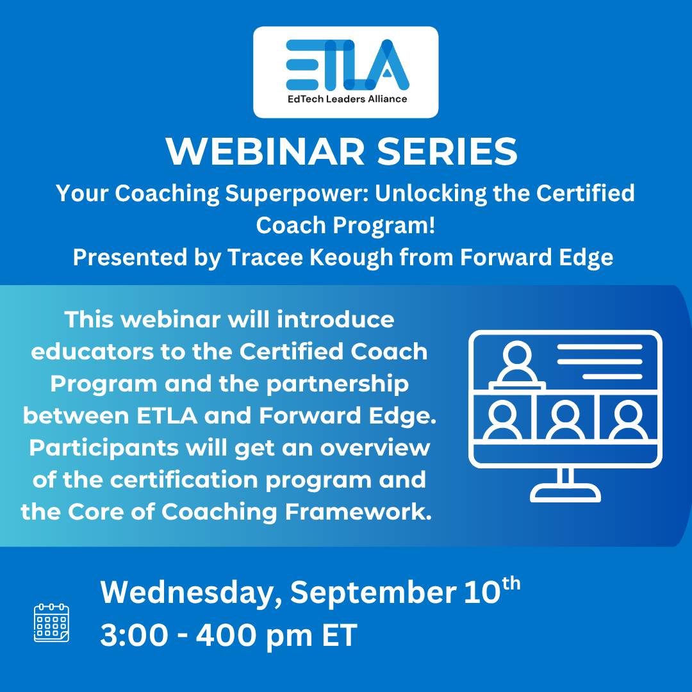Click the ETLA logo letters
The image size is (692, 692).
pos(347,65)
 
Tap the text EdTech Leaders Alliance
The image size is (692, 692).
pos(347,99)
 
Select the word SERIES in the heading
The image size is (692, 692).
pos(447,151)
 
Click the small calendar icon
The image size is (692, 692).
pos(52,623)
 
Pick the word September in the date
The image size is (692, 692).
pos(373,593)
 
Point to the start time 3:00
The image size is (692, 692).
pos(134,636)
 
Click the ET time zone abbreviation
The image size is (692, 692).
pos(339,636)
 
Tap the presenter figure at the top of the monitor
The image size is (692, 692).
pos(517,366)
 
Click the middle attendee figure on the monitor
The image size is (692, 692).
pos(565,420)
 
